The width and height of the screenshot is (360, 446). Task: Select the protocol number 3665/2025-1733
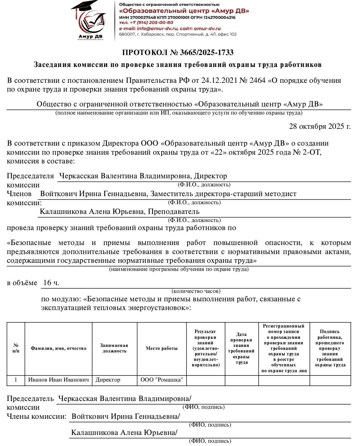click(207, 52)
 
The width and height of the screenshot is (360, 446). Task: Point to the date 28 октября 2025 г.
click(320, 126)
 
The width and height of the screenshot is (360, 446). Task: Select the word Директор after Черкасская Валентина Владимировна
click(210, 176)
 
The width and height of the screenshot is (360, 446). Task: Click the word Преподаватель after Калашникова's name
click(174, 212)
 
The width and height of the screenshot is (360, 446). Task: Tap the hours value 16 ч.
click(51, 283)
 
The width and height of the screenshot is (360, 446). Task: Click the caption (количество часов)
click(196, 291)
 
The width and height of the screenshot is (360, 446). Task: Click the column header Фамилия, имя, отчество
click(58, 348)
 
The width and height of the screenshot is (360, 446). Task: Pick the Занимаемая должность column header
click(114, 348)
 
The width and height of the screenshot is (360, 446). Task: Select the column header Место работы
click(162, 348)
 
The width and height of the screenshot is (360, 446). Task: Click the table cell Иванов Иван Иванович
click(58, 380)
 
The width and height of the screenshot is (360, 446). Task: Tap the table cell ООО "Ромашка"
click(162, 380)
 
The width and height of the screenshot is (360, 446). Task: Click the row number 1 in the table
click(16, 380)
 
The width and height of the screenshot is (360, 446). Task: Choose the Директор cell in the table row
click(108, 380)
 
